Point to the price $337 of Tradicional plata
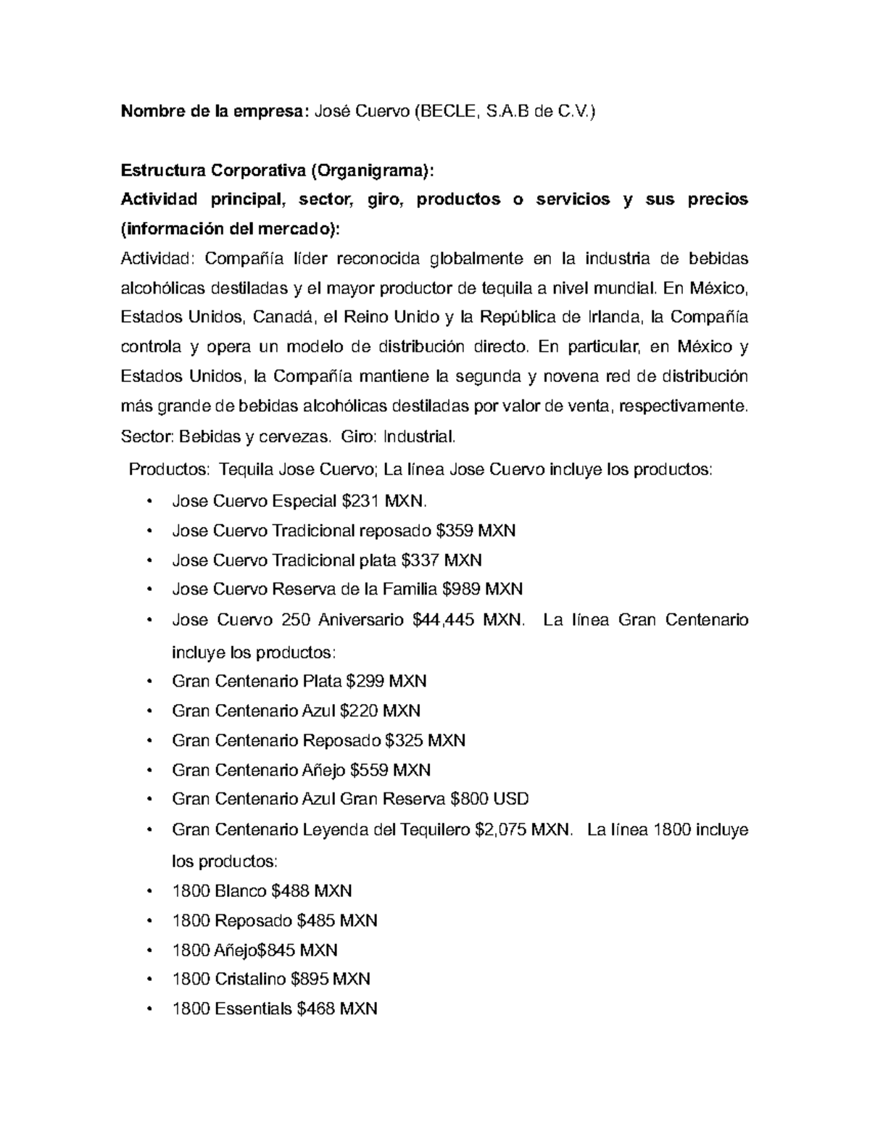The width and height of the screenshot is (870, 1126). (421, 560)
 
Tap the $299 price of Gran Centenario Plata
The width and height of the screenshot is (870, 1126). (365, 682)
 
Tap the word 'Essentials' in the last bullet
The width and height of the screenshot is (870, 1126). (254, 1009)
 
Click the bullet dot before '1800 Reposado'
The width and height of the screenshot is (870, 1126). (149, 922)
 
